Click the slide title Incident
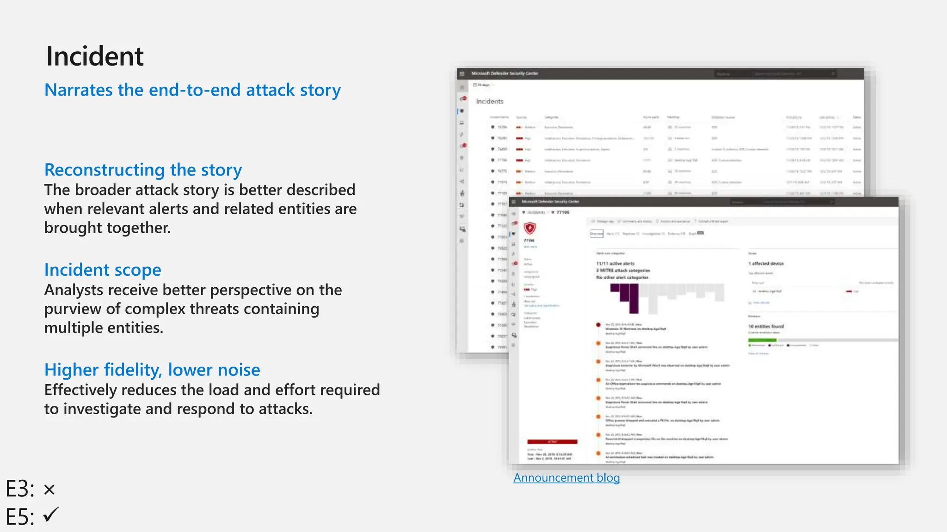(95, 56)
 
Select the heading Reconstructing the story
(143, 170)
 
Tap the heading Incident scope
(103, 270)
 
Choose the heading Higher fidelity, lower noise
(152, 370)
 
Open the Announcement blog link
(566, 478)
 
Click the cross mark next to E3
(49, 490)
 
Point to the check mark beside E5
(51, 514)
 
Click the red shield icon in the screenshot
(529, 228)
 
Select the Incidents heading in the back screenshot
(490, 101)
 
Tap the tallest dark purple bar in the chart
(633, 298)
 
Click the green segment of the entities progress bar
(762, 340)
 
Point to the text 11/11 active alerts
(615, 263)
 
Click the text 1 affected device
(766, 263)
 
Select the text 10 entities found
(766, 326)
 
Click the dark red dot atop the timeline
(598, 325)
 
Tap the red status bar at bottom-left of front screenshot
(552, 442)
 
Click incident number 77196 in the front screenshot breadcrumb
(563, 212)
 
